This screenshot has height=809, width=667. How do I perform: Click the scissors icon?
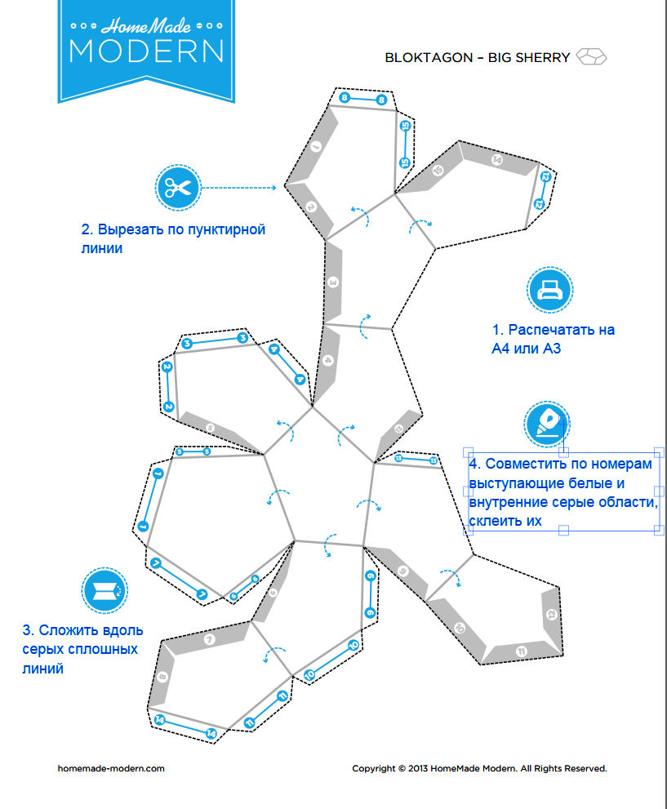point(177,188)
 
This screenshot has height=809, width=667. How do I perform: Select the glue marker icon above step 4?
point(546,423)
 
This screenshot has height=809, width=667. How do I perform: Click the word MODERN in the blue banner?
point(146,50)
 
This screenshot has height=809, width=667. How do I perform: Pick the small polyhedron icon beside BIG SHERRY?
point(592,57)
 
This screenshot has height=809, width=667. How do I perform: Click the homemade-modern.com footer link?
point(111,768)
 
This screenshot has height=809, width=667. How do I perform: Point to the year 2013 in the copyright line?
point(420,768)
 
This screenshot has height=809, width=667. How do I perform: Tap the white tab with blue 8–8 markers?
point(362,99)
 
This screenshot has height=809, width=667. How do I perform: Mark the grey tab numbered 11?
point(521,650)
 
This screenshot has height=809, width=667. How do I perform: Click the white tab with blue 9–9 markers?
point(371,594)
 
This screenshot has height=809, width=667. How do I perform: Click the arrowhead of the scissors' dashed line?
point(275,188)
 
